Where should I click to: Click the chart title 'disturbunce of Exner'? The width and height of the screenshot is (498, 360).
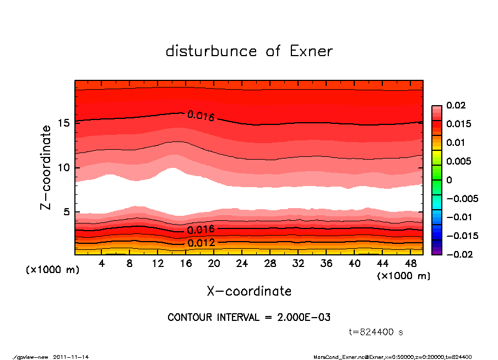249,51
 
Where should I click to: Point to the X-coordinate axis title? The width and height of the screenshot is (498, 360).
249,291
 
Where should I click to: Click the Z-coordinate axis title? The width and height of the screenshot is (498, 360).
46,167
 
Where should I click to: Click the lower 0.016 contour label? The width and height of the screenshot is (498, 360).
201,230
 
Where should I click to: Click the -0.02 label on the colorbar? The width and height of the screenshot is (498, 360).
458,254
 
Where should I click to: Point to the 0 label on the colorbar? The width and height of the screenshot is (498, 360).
449,180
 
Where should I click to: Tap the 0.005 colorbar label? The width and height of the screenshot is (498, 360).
458,161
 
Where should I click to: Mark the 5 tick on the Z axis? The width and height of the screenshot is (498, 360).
67,212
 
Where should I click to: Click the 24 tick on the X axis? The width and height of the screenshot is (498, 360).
242,264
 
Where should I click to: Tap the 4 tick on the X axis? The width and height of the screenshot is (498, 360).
102,264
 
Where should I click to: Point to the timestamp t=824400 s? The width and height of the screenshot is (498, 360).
376,332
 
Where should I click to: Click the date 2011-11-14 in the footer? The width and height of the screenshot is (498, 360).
71,357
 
